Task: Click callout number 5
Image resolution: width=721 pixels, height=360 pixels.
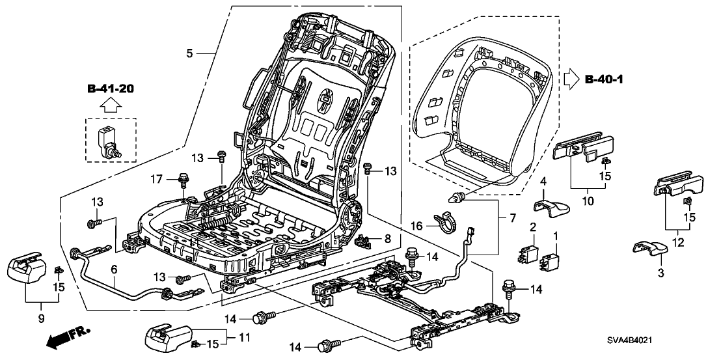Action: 189,55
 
